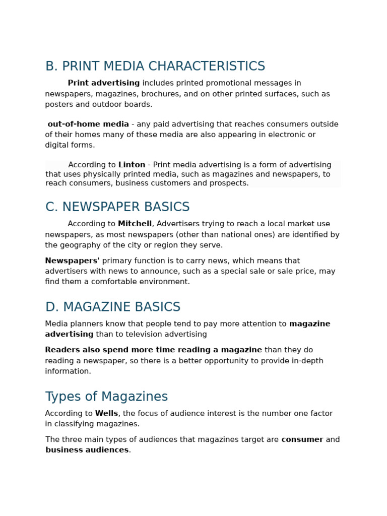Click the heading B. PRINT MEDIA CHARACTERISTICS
(155, 67)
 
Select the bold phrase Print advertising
(104, 83)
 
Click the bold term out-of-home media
(88, 124)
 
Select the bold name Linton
(132, 165)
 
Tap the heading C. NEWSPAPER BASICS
(117, 207)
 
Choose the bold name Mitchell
(135, 224)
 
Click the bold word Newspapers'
(72, 261)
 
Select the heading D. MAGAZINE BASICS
(113, 307)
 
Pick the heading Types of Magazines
(106, 397)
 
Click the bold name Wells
(106, 413)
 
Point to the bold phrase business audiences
(87, 450)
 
